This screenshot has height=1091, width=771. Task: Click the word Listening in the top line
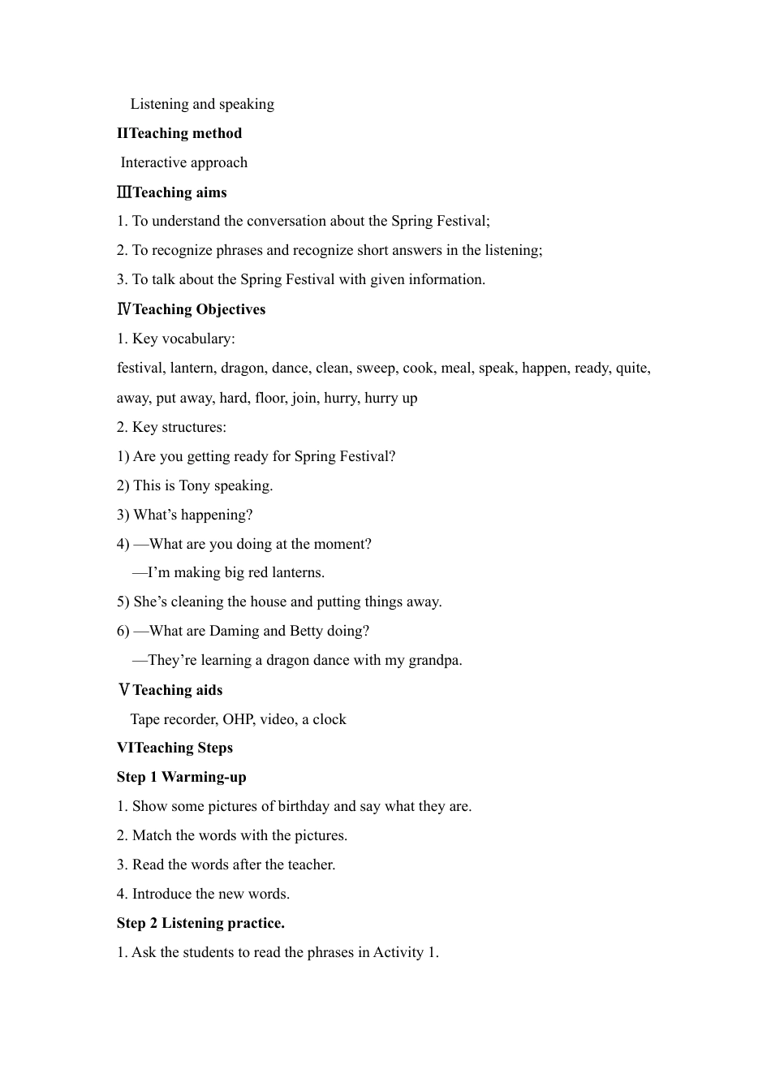point(160,104)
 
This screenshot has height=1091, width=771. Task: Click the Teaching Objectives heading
point(199,309)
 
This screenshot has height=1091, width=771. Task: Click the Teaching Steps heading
point(186,748)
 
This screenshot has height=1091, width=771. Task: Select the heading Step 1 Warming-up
point(181,777)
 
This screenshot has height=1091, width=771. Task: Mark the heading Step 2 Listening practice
point(200,923)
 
